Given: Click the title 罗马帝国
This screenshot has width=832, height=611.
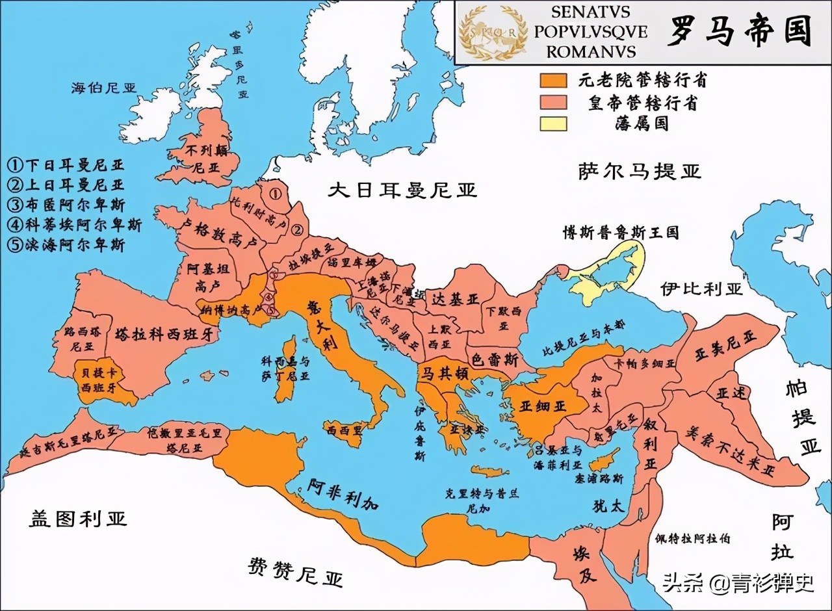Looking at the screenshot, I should [x=739, y=32].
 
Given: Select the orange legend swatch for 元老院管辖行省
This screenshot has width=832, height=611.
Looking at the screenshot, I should [x=553, y=81].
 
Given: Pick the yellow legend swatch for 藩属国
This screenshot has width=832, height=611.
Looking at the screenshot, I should [x=553, y=123].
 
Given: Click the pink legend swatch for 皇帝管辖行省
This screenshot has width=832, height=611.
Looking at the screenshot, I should [x=553, y=102].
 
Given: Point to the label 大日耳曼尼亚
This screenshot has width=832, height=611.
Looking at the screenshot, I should [x=402, y=190].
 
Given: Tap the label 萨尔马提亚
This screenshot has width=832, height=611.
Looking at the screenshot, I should [x=640, y=171].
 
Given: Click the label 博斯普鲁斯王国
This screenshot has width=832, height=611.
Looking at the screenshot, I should [x=620, y=232].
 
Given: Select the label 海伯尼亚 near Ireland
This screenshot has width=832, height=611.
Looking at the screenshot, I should [x=104, y=88].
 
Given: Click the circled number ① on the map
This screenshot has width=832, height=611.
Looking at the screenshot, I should [x=276, y=192].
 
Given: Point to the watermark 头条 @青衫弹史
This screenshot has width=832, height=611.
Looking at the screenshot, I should [x=738, y=582].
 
